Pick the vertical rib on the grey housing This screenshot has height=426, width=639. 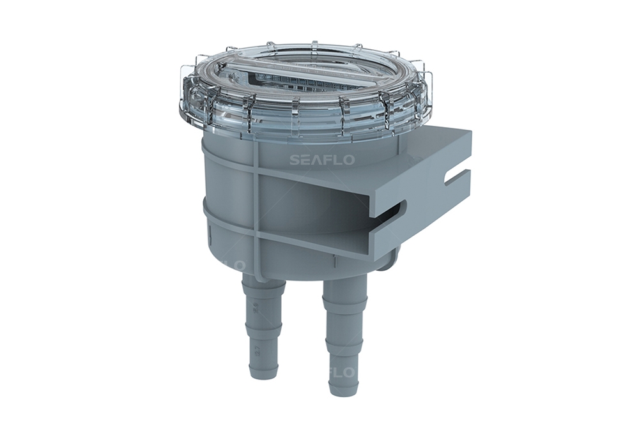tap(256, 204)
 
